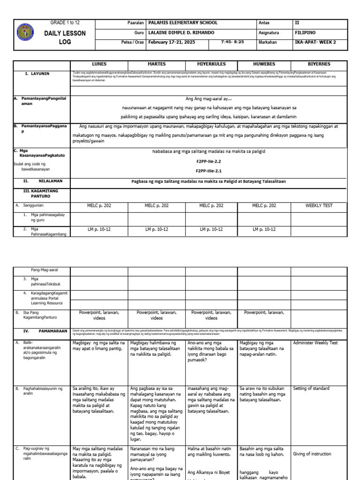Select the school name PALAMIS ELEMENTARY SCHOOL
pyautogui.click(x=183, y=23)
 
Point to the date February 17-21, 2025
pyautogui.click(x=171, y=42)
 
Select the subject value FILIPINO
pyautogui.click(x=305, y=32)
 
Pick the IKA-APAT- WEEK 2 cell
pyautogui.click(x=315, y=42)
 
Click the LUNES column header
pyautogui.click(x=98, y=64)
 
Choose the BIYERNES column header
pyautogui.click(x=319, y=64)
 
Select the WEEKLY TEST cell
pyautogui.click(x=319, y=205)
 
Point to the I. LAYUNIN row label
pyautogui.click(x=37, y=74)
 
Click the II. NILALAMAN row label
pyautogui.click(x=43, y=180)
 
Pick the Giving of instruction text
pyautogui.click(x=312, y=454)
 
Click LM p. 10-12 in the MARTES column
pyautogui.click(x=157, y=229)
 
